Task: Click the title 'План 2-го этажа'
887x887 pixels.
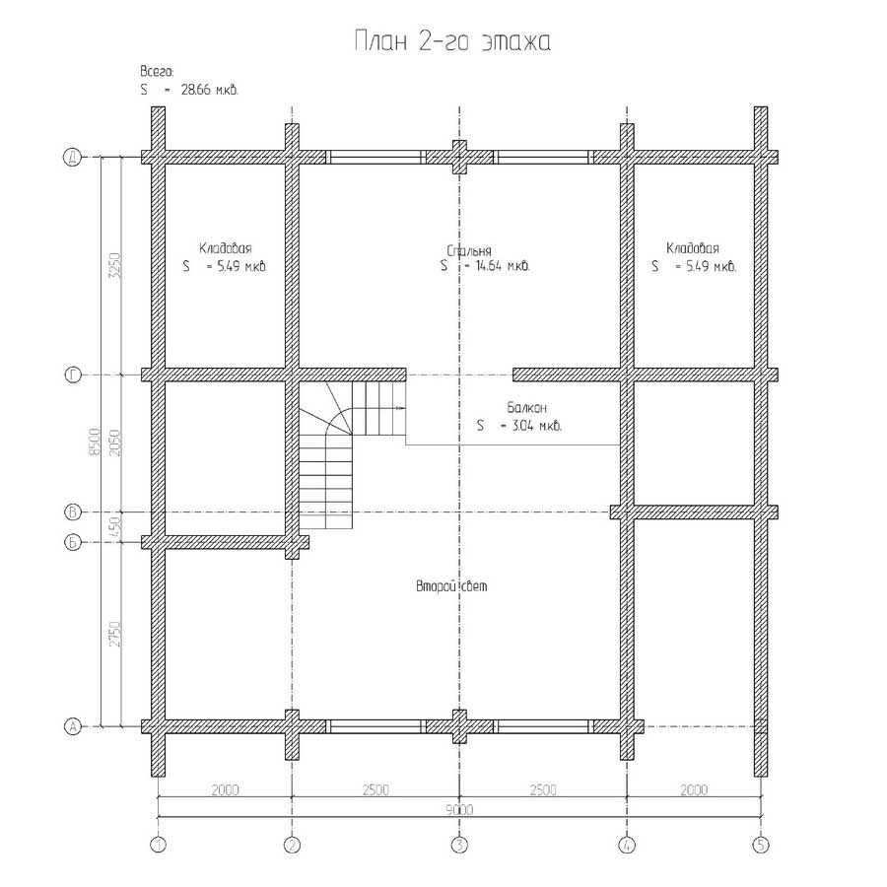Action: click(x=452, y=41)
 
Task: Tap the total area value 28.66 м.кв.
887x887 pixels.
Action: click(x=209, y=90)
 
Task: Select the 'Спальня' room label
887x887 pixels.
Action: click(x=469, y=250)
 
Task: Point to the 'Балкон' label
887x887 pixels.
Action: click(x=526, y=407)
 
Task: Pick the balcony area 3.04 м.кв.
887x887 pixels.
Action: click(x=536, y=426)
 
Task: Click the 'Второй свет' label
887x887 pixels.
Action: click(x=451, y=586)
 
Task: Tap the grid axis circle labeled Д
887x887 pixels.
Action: click(x=72, y=158)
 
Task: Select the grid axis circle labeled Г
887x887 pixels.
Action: click(x=73, y=375)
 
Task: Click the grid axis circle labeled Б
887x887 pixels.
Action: click(x=73, y=542)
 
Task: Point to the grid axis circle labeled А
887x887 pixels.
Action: click(x=73, y=726)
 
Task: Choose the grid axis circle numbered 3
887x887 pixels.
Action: click(x=459, y=846)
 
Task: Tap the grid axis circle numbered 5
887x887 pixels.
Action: click(x=761, y=846)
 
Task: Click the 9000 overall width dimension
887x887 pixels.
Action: click(x=459, y=809)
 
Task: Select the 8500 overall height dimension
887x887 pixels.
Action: click(x=95, y=442)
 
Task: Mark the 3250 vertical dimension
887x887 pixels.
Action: click(x=114, y=266)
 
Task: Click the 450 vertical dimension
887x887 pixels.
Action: click(x=115, y=527)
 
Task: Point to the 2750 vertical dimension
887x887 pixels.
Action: click(x=115, y=634)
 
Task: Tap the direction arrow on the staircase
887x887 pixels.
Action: click(x=399, y=407)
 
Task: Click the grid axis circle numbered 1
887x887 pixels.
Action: click(x=158, y=846)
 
